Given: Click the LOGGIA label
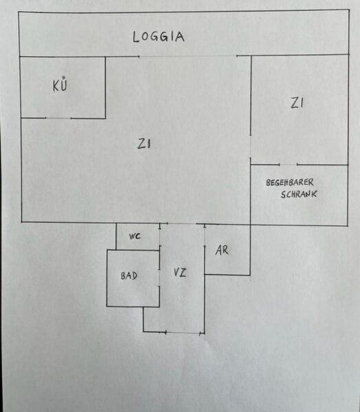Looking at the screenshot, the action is [158, 37].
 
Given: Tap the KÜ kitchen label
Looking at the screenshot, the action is [60, 84].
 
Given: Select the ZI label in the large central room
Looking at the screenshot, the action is [144, 144].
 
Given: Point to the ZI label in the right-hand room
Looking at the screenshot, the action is [297, 103].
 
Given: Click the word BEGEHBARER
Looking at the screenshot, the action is [289, 183].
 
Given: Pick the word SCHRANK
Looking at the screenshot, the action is [299, 194].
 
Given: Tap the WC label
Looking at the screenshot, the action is [135, 236].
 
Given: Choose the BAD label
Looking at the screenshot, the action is [129, 275].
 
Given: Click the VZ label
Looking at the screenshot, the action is [180, 272].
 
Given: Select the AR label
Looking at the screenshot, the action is [222, 251].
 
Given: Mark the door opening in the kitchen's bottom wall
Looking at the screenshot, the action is [58, 118].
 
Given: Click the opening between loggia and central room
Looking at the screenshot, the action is [188, 56].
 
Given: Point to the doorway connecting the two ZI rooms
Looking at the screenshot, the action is [250, 147].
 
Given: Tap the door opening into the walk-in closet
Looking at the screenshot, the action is [289, 165].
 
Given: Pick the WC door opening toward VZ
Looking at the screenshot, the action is [159, 238].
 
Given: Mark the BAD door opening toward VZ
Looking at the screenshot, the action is [159, 277].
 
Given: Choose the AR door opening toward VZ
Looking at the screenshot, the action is [205, 236].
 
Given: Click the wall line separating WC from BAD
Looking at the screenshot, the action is [138, 250].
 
